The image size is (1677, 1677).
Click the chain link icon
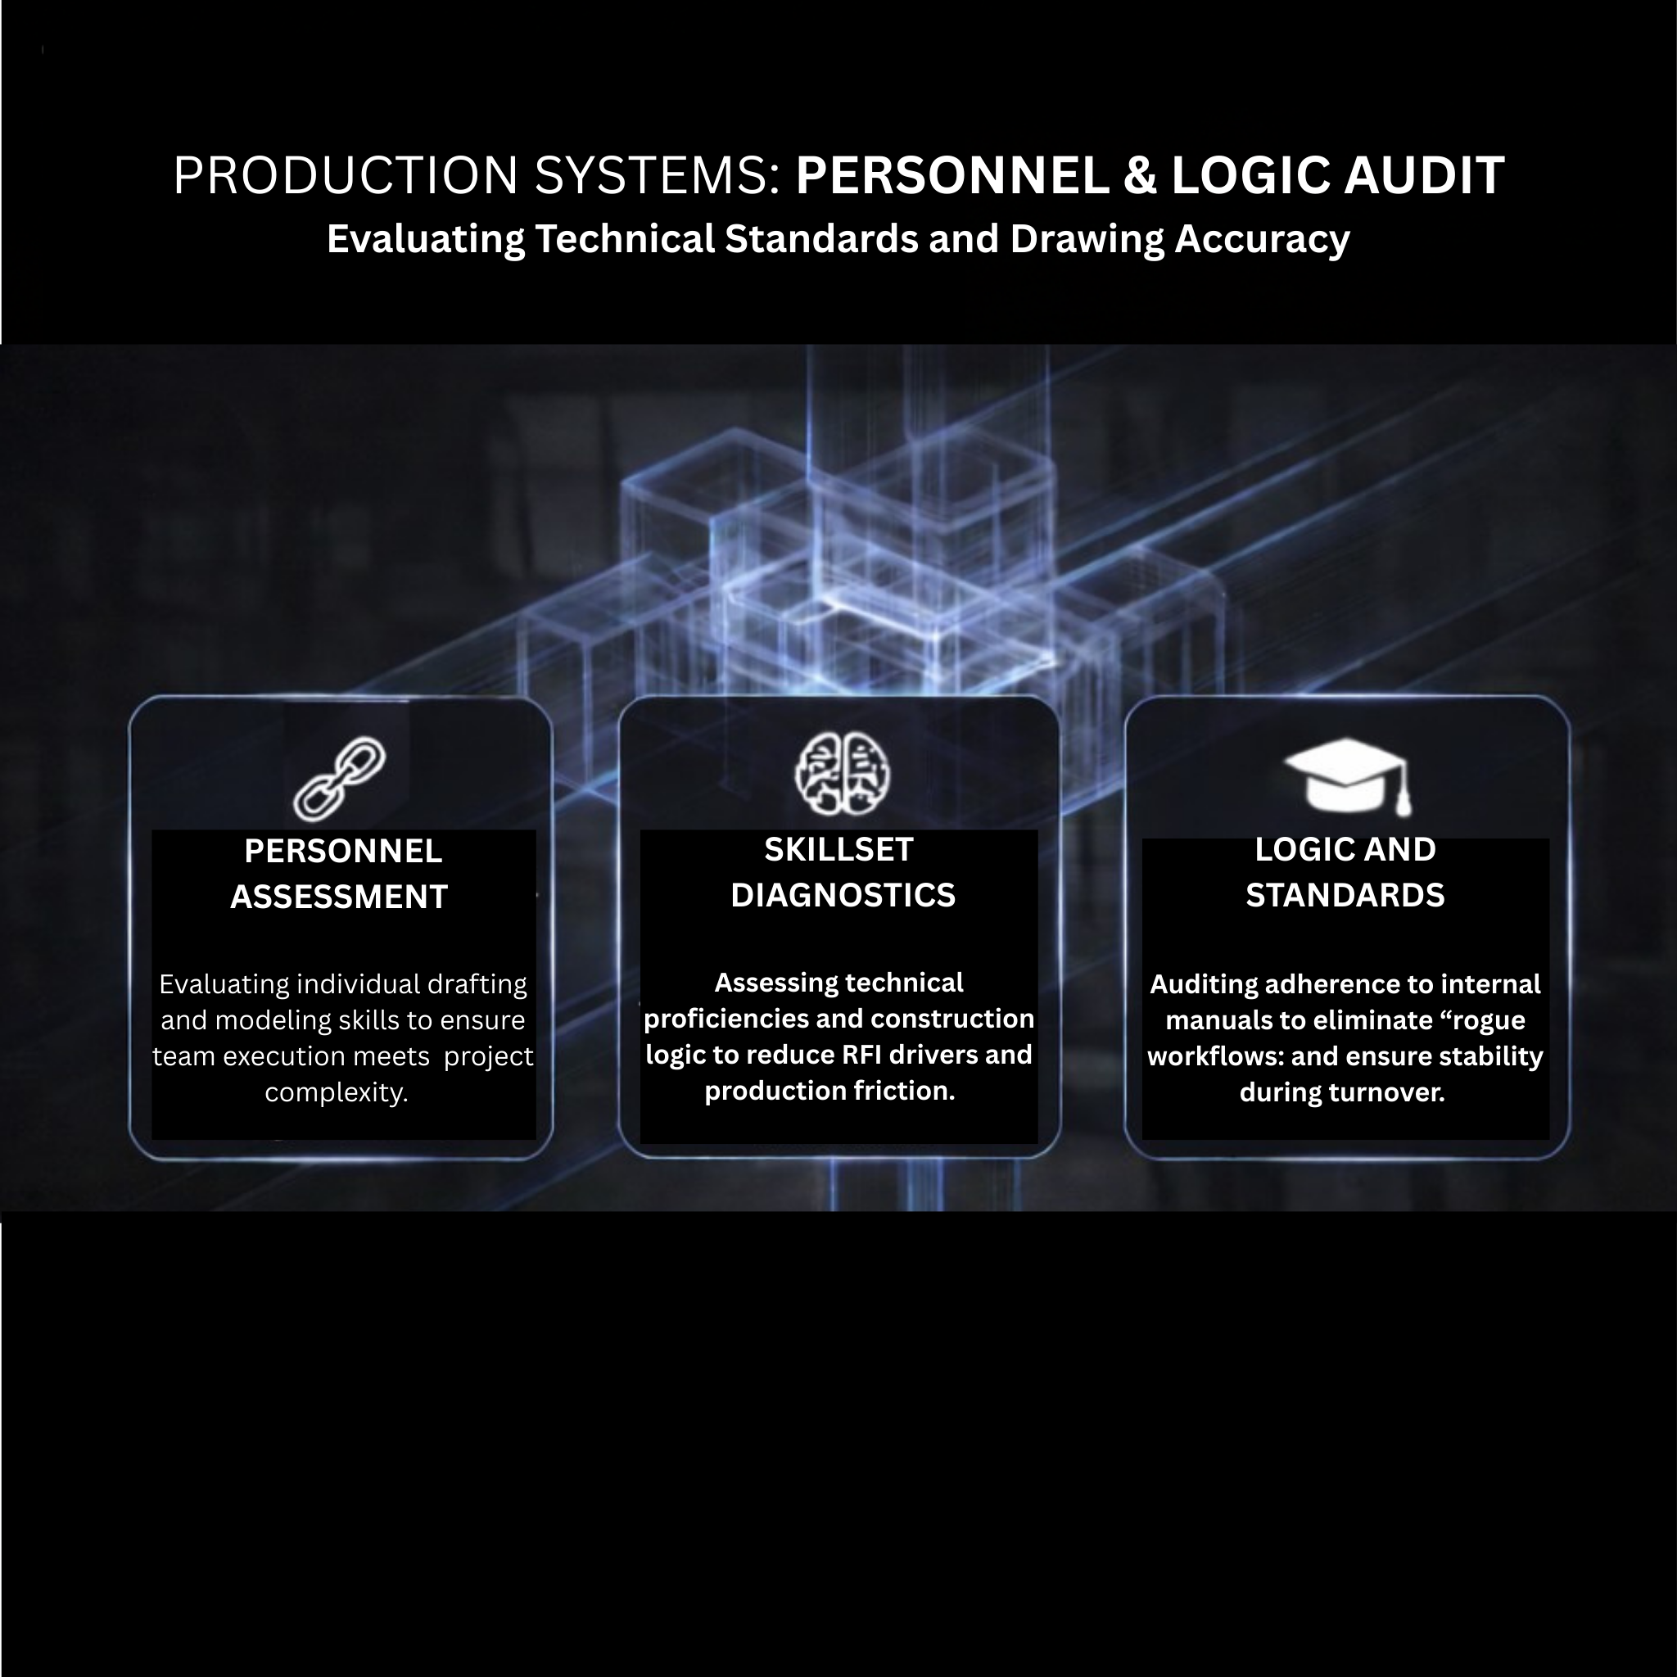point(339,779)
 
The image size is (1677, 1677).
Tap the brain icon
point(842,773)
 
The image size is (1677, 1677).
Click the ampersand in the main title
point(1140,175)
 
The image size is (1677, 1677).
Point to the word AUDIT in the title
point(1423,175)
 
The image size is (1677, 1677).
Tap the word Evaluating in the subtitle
point(425,240)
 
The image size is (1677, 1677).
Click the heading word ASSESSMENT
point(338,897)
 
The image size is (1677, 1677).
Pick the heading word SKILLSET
point(838,850)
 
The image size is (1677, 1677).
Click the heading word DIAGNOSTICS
point(842,895)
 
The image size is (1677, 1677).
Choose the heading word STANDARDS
point(1345,895)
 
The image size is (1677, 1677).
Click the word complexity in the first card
point(336,1092)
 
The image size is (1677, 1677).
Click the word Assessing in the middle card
point(764,983)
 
